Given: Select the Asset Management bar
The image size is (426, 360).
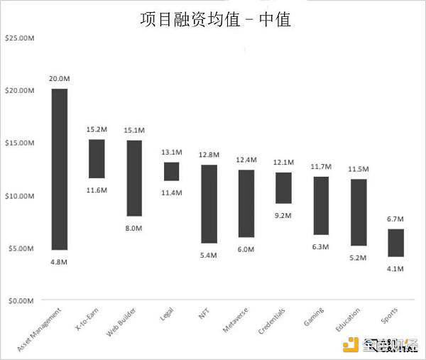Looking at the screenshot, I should coord(60,169).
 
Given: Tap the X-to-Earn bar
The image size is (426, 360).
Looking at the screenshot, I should coord(97,158).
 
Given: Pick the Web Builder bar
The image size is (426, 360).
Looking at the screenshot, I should coord(134,178).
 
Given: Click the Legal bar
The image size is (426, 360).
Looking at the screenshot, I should coord(171,171).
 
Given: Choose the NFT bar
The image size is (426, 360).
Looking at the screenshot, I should coord(209,204).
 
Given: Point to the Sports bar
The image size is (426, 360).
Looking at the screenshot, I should coord(395,242).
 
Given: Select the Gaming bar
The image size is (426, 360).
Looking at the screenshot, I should coord(321,205).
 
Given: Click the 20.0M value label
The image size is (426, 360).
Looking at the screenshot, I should coord(60,79).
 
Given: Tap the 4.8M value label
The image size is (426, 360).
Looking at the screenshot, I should coord(60,262).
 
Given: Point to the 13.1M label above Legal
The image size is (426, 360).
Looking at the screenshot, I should coord(171,153).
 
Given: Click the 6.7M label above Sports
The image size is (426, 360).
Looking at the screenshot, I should coord(395,219).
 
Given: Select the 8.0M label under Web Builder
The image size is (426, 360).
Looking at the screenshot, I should coord(134,228).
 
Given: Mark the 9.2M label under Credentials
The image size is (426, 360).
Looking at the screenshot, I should coord(283,215).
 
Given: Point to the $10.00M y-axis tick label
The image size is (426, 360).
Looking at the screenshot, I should coord(20,195).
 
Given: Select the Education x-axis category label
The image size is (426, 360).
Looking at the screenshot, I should coord(349,322).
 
